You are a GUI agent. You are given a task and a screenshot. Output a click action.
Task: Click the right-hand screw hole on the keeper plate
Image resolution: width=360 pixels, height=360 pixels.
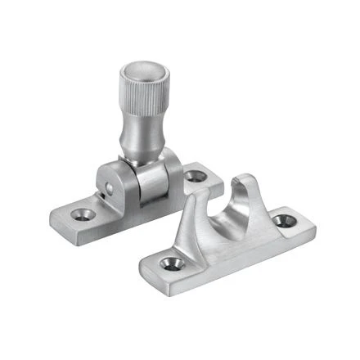(x=284, y=220)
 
